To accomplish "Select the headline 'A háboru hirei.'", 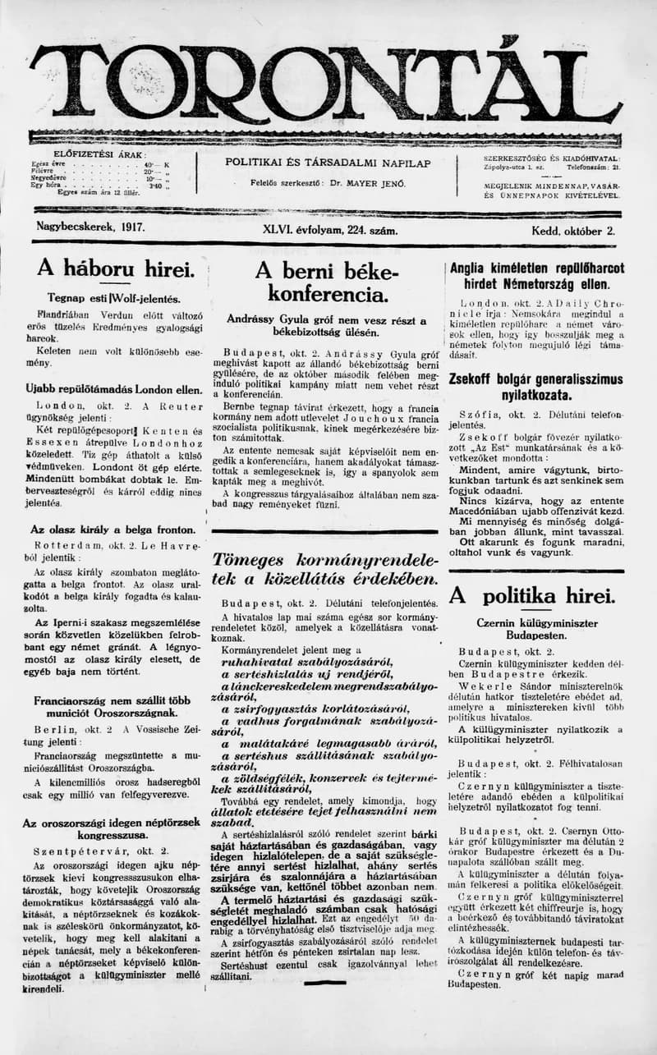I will (x=114, y=268).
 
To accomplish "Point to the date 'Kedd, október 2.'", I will (x=572, y=231).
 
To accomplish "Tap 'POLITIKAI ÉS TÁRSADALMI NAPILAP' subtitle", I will (x=328, y=163).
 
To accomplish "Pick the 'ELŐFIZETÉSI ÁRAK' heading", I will (x=99, y=154).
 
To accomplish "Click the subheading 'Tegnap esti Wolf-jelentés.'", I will (x=114, y=299).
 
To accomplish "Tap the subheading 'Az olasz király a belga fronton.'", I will (x=113, y=530).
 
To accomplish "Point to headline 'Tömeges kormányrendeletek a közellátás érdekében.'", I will (x=326, y=569).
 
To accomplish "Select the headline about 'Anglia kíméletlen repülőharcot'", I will (x=536, y=276).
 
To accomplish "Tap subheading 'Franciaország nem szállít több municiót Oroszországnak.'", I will (x=113, y=708).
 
